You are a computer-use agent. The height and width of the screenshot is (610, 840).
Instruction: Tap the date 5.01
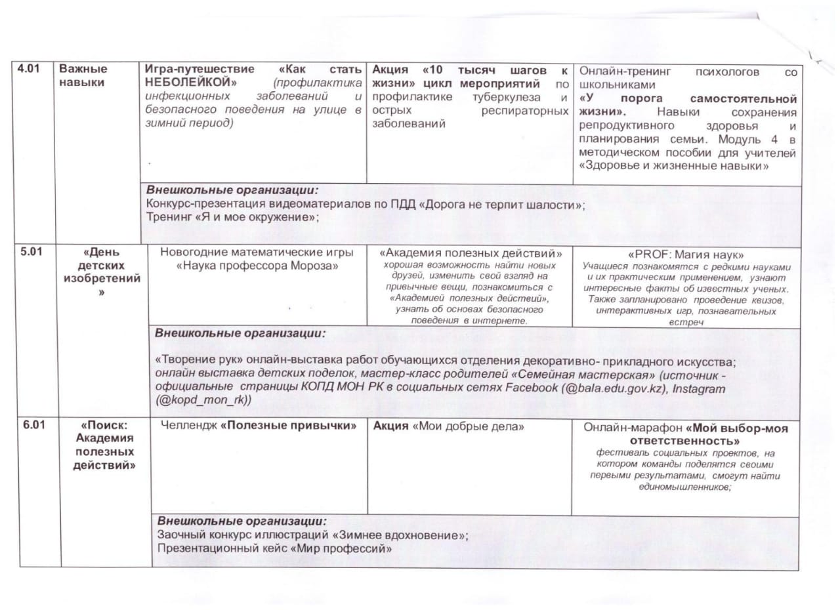tap(31, 252)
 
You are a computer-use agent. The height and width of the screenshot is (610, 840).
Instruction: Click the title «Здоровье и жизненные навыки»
tap(674, 167)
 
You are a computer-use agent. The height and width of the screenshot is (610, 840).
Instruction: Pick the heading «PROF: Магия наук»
tap(686, 254)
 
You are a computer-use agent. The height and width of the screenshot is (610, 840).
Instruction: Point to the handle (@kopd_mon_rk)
tap(203, 401)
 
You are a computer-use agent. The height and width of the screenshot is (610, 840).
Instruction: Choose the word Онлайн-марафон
tap(628, 428)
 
